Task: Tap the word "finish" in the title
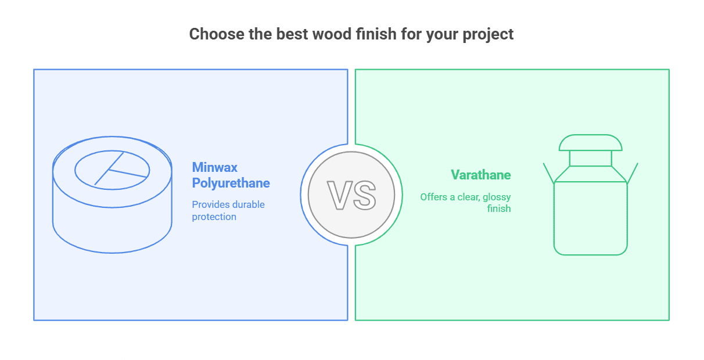pyautogui.click(x=374, y=34)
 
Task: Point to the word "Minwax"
pyautogui.click(x=214, y=167)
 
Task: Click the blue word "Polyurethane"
pyautogui.click(x=231, y=183)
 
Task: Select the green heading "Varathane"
pyautogui.click(x=481, y=175)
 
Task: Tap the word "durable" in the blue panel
pyautogui.click(x=248, y=204)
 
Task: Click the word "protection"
pyautogui.click(x=214, y=217)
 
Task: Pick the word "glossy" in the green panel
pyautogui.click(x=496, y=197)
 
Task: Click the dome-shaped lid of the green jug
pyautogui.click(x=590, y=143)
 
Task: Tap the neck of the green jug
pyautogui.click(x=590, y=159)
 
